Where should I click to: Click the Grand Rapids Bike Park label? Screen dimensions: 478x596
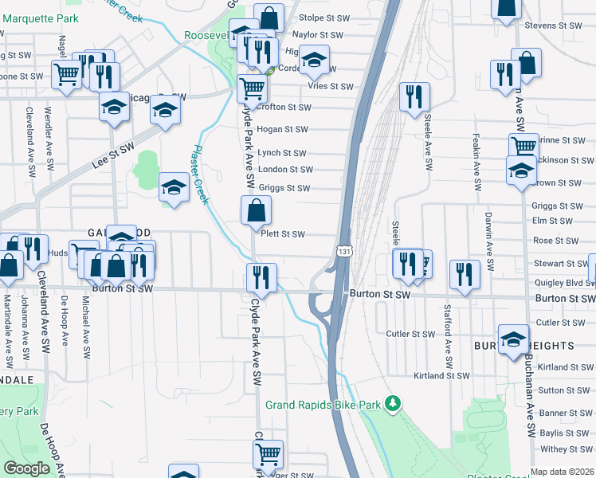click(x=323, y=406)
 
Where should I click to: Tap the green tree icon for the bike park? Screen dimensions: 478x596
click(x=392, y=405)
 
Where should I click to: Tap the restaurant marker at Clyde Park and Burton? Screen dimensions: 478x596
click(x=261, y=278)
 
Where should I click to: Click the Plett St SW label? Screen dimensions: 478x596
click(x=283, y=234)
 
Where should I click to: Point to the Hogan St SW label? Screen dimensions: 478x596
click(x=283, y=129)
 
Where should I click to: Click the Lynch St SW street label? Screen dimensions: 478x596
click(x=282, y=153)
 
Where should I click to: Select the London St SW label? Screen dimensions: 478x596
click(x=284, y=170)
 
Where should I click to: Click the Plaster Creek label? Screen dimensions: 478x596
click(x=198, y=174)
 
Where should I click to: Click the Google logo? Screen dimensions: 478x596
click(x=27, y=468)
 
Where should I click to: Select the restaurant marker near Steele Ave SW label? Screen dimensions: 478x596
click(x=414, y=97)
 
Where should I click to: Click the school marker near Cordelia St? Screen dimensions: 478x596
click(x=315, y=61)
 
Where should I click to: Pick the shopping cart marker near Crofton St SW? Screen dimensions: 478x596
click(x=253, y=88)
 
